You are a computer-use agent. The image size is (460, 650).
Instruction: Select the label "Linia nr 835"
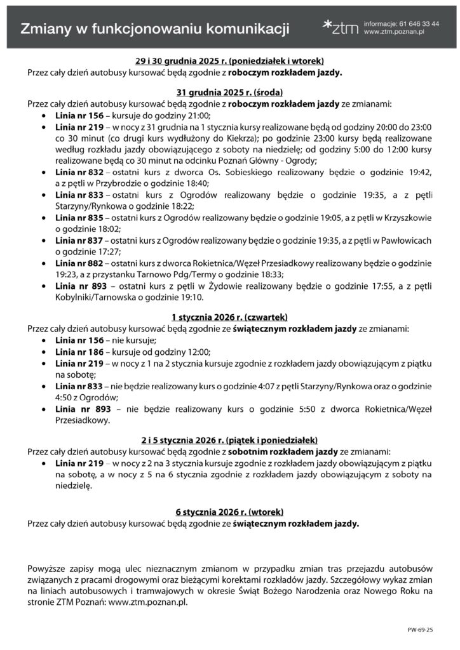79,216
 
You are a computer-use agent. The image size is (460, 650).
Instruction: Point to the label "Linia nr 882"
79,263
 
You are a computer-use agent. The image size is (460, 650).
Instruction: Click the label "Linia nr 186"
79,352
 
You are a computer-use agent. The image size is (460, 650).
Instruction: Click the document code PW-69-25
420,631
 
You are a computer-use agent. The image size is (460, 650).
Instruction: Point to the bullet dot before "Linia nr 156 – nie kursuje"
43,341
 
